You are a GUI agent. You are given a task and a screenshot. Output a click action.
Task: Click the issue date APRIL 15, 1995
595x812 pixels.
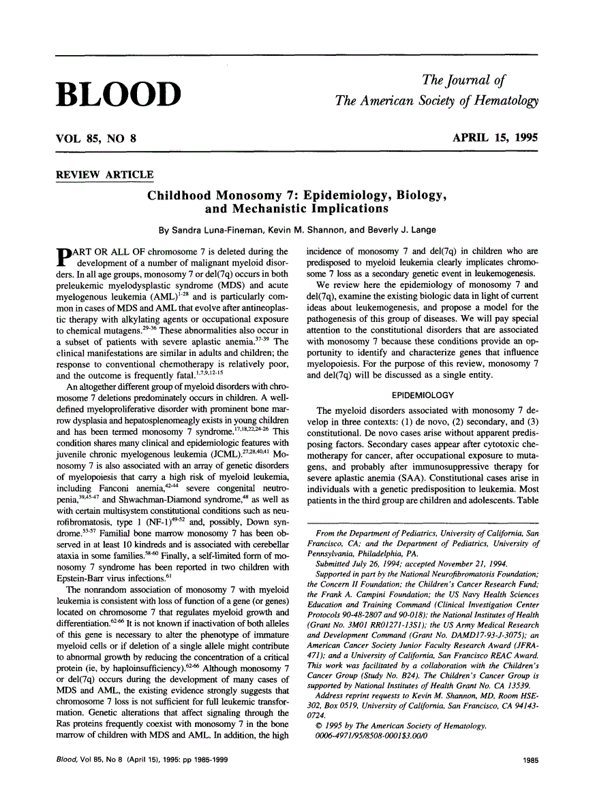(x=495, y=138)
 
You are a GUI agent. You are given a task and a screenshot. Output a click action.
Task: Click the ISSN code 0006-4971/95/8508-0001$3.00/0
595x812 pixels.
(x=376, y=738)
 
